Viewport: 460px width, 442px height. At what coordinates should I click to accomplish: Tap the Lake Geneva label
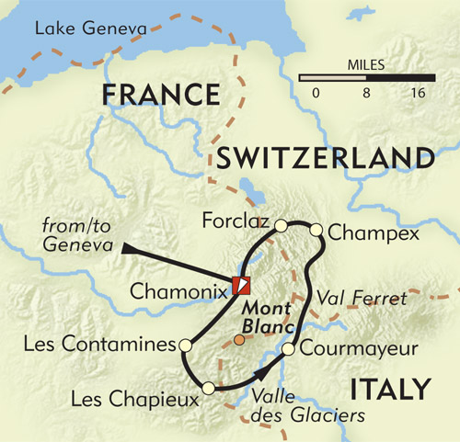coord(90,30)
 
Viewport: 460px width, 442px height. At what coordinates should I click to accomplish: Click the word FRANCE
coord(161,96)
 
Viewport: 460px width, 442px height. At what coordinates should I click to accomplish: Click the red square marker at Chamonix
coord(240,285)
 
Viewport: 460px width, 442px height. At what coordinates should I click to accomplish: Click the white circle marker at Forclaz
coord(282,223)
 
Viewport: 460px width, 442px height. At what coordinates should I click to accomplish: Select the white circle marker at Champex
coord(316,229)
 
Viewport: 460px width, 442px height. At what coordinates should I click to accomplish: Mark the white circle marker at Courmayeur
coord(288,349)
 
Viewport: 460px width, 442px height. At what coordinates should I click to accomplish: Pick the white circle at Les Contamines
coord(185,346)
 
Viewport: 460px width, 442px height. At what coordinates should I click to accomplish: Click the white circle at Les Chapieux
coord(211,388)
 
